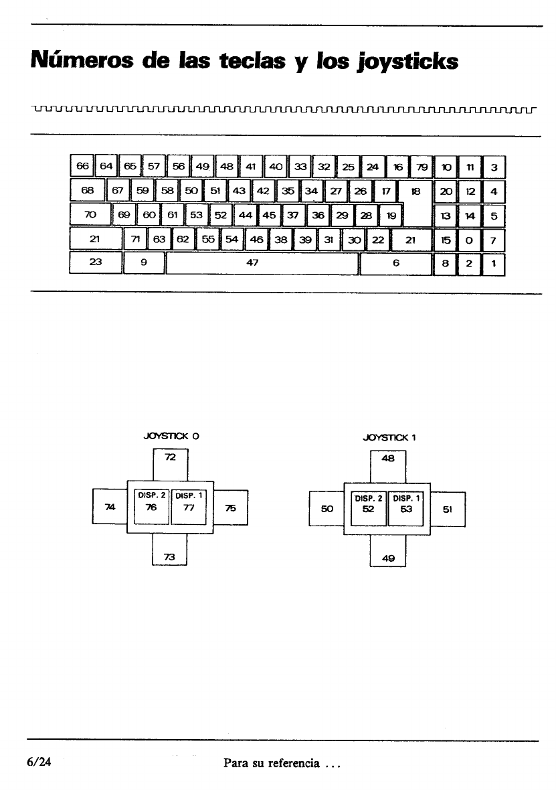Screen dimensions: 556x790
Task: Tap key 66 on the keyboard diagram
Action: [x=82, y=165]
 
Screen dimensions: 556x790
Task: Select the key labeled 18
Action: [x=415, y=191]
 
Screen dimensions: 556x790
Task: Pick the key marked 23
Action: [x=96, y=264]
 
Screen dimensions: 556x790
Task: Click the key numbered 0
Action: [x=470, y=240]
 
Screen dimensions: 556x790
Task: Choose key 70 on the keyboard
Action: [x=91, y=216]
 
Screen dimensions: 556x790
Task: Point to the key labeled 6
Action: [x=396, y=264]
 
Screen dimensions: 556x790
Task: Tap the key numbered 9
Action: [x=144, y=264]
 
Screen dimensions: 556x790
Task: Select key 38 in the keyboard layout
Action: [x=281, y=240]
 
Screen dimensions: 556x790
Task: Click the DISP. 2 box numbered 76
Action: [x=152, y=509]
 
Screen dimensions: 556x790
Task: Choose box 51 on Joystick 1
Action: [x=448, y=509]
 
